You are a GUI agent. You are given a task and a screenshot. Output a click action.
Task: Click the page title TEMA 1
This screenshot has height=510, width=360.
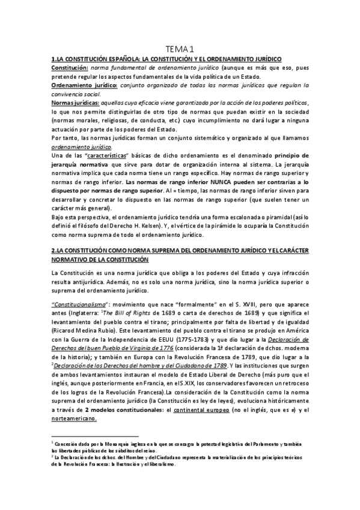180,49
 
